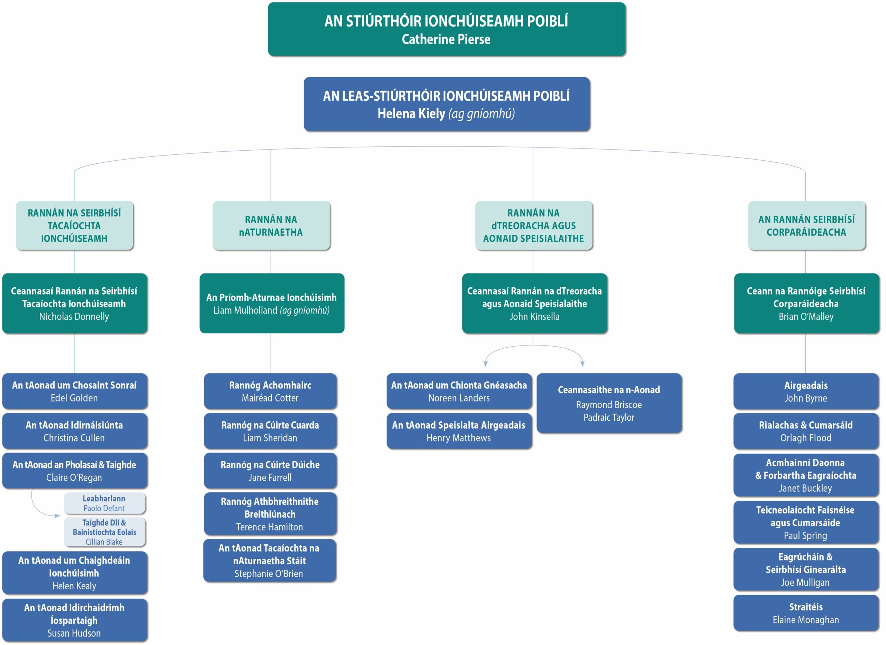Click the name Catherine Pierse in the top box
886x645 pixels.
pyautogui.click(x=446, y=39)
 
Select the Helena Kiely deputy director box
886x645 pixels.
pyautogui.click(x=446, y=104)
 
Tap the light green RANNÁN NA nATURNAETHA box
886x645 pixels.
pyautogui.click(x=271, y=225)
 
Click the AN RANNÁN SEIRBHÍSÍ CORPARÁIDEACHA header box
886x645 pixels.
pyautogui.click(x=806, y=225)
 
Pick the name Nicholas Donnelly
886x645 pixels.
pyautogui.click(x=74, y=316)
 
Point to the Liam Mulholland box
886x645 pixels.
pyautogui.click(x=271, y=303)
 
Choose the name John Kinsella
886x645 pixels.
pyautogui.click(x=534, y=316)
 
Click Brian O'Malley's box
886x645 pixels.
pyautogui.click(x=806, y=303)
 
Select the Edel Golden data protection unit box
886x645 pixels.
pyautogui.click(x=75, y=391)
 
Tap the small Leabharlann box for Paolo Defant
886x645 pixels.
pyautogui.click(x=104, y=503)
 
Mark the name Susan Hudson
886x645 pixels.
pyautogui.click(x=74, y=633)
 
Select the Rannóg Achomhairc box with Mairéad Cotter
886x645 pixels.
pyautogui.click(x=270, y=391)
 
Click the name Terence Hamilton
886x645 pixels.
pyautogui.click(x=270, y=527)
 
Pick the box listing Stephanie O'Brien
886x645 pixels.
pyautogui.click(x=270, y=560)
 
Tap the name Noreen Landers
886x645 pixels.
pyautogui.click(x=459, y=398)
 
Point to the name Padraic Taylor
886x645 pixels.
pyautogui.click(x=609, y=417)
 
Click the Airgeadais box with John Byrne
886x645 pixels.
pyautogui.click(x=806, y=392)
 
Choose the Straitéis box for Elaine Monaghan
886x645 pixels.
pyautogui.click(x=806, y=613)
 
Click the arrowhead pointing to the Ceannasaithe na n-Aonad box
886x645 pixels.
pyautogui.click(x=582, y=364)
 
